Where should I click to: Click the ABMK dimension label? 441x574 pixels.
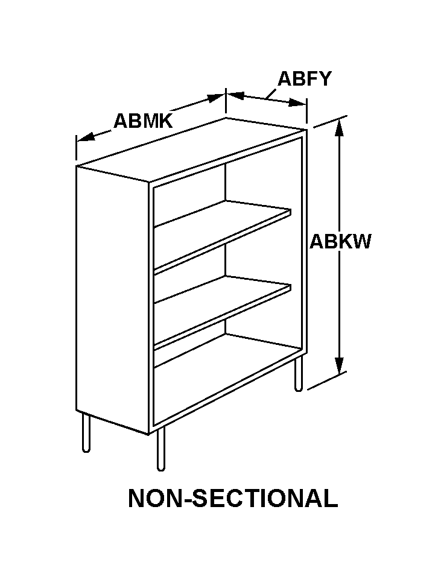coord(143,121)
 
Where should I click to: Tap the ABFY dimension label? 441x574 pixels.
coord(305,78)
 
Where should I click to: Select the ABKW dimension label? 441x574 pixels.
coord(340,242)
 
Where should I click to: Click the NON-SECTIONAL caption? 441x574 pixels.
coord(233,498)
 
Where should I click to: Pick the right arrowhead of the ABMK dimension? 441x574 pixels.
coord(216,98)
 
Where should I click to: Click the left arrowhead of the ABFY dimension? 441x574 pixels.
coord(235,95)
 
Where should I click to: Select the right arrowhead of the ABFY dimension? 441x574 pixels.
coord(297,103)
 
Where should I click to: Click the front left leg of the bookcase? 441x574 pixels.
coord(161,448)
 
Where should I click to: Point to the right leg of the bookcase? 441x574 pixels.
coord(299,373)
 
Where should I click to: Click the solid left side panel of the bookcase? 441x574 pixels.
coord(113,300)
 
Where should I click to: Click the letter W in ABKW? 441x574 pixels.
coord(361,242)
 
